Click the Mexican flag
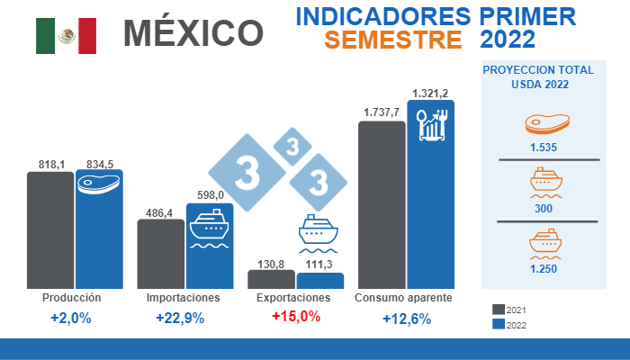[x=66, y=35]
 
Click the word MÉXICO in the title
[x=193, y=33]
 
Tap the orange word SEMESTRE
[x=393, y=40]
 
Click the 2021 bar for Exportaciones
[x=271, y=279]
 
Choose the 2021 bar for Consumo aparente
[x=382, y=204]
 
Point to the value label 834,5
[x=100, y=164]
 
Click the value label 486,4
[x=160, y=211]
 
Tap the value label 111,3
[x=320, y=264]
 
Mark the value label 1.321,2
[x=431, y=93]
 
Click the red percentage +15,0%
[x=295, y=317]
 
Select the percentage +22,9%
[x=180, y=318]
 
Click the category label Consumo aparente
[x=403, y=297]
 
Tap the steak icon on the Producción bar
[x=98, y=184]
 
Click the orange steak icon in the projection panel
[x=542, y=123]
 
